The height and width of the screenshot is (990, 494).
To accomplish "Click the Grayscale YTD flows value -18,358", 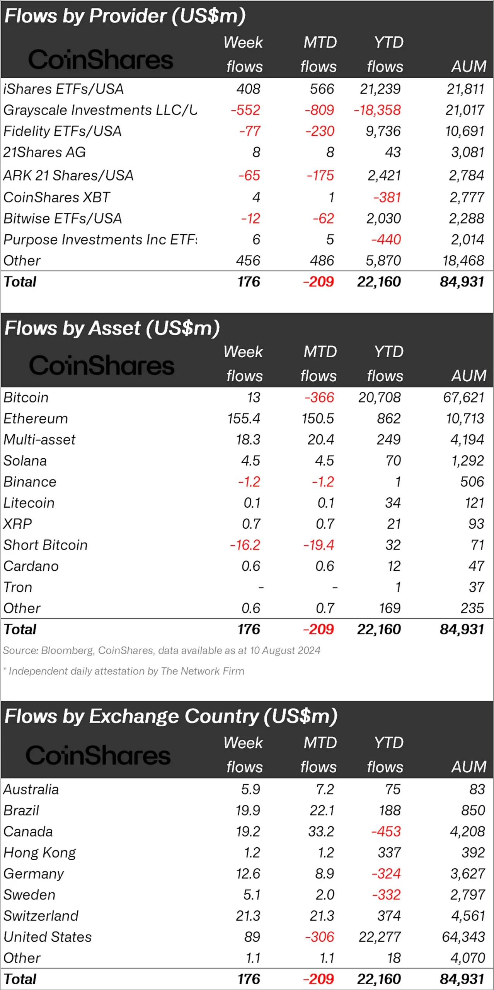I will pos(377,110).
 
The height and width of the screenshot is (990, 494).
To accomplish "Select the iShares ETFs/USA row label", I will pos(63,89).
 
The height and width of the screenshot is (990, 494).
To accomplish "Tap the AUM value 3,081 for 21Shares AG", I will pos(467,152).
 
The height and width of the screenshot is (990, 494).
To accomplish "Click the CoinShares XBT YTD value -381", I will pos(387,198).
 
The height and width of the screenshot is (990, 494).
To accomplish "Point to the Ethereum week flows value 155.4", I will pos(244,418).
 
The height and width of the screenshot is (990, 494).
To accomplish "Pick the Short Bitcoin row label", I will pos(46,545).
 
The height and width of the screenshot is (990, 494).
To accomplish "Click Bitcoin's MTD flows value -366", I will pos(319,398).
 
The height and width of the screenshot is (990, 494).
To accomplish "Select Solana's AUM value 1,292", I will pos(467,461).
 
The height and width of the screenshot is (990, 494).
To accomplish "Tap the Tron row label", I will pos(18,587).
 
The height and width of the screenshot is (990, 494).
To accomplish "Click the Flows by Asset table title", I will pos(112,328).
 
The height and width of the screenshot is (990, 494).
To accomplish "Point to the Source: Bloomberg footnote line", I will pos(162,650).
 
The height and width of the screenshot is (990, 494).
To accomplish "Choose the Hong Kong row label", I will pos(40,853).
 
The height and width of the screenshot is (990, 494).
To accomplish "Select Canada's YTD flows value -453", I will pos(386,831).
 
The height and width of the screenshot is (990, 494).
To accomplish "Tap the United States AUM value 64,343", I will pos(463,937).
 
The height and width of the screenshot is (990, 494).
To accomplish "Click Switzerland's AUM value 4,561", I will pos(468,916).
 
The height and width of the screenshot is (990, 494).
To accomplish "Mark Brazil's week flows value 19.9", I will pos(248,810).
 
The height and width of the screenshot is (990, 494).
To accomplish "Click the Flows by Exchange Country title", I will pos(171,716).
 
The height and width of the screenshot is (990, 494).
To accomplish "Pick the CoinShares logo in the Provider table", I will pos(101,60).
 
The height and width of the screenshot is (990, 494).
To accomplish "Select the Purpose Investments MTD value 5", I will pos(330,240).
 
